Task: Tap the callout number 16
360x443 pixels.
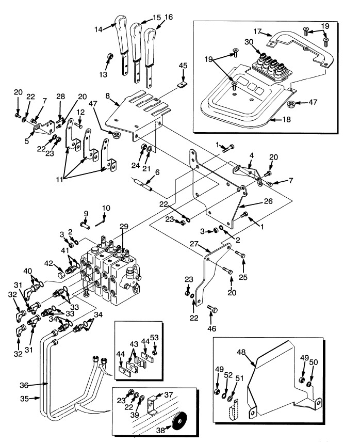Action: [x=169, y=17]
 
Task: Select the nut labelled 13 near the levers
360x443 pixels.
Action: [x=110, y=55]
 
